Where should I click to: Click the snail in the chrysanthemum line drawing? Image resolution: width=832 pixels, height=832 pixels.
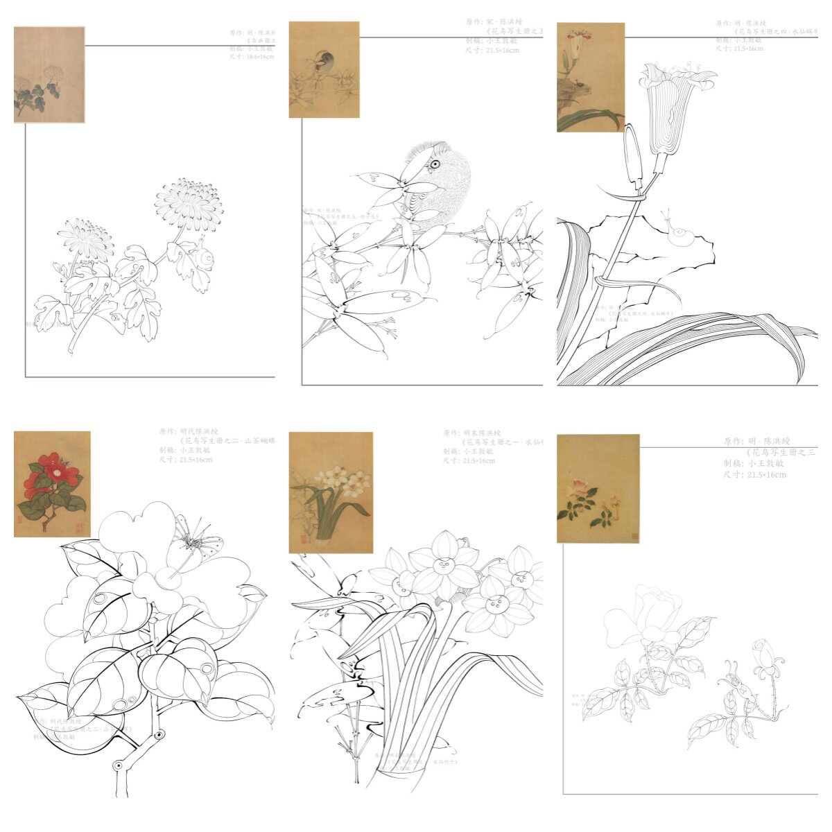click(x=204, y=258)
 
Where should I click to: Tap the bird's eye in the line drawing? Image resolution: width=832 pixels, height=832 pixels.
click(x=435, y=164)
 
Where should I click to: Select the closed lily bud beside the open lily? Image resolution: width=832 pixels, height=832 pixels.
click(x=632, y=156)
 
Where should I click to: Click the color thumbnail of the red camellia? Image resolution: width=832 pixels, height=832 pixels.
click(x=52, y=484)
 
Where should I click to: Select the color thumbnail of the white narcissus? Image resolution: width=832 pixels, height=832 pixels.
click(x=331, y=492)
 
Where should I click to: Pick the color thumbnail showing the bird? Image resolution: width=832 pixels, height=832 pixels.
click(x=324, y=69)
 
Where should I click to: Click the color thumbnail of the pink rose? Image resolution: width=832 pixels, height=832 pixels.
click(x=598, y=488)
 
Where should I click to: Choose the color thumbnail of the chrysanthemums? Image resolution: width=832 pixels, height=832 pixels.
click(x=49, y=75)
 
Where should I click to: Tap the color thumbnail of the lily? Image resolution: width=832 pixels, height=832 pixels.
click(x=590, y=77)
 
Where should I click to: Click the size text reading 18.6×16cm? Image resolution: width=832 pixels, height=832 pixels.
click(x=252, y=57)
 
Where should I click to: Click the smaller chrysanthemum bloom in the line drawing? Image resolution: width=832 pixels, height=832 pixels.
click(x=85, y=236)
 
